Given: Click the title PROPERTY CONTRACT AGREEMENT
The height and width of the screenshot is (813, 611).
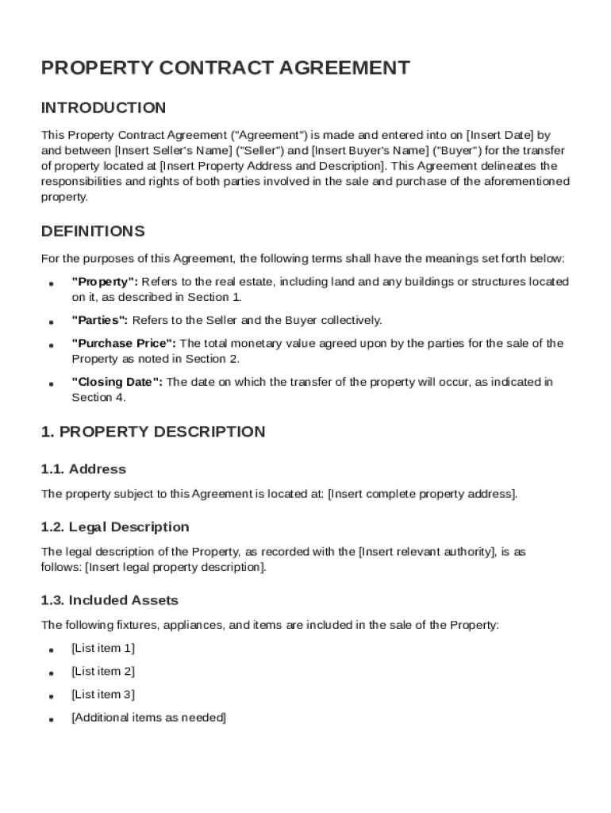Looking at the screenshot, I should [x=225, y=68].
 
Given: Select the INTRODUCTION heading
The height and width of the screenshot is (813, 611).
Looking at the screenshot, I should [x=103, y=108].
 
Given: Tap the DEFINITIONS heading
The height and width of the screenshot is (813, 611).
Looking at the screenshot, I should [x=93, y=232].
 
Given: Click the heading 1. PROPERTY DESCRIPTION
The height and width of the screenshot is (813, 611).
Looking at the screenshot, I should [x=153, y=433].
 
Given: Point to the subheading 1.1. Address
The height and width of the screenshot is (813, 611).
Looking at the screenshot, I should [x=83, y=469].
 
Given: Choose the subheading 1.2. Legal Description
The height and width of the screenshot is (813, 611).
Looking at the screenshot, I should [x=115, y=527].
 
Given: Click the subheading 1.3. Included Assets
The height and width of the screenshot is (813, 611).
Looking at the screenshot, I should [x=110, y=600].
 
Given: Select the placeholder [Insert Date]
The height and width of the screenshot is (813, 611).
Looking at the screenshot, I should [x=500, y=135].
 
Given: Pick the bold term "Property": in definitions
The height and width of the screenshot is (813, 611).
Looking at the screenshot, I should [x=105, y=282].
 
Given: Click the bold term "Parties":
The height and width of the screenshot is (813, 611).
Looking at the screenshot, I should [x=100, y=321].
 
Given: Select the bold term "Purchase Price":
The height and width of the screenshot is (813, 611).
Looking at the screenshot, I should [x=125, y=344].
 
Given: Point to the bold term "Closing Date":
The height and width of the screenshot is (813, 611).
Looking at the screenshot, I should [x=117, y=382].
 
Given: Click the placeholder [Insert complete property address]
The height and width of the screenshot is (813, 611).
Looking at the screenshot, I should [x=422, y=494].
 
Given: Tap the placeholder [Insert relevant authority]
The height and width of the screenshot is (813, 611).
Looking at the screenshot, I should [x=425, y=552].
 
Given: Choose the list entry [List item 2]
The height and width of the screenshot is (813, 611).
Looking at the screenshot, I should [x=103, y=672].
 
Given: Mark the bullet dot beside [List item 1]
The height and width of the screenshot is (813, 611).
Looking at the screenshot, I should [x=51, y=650].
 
